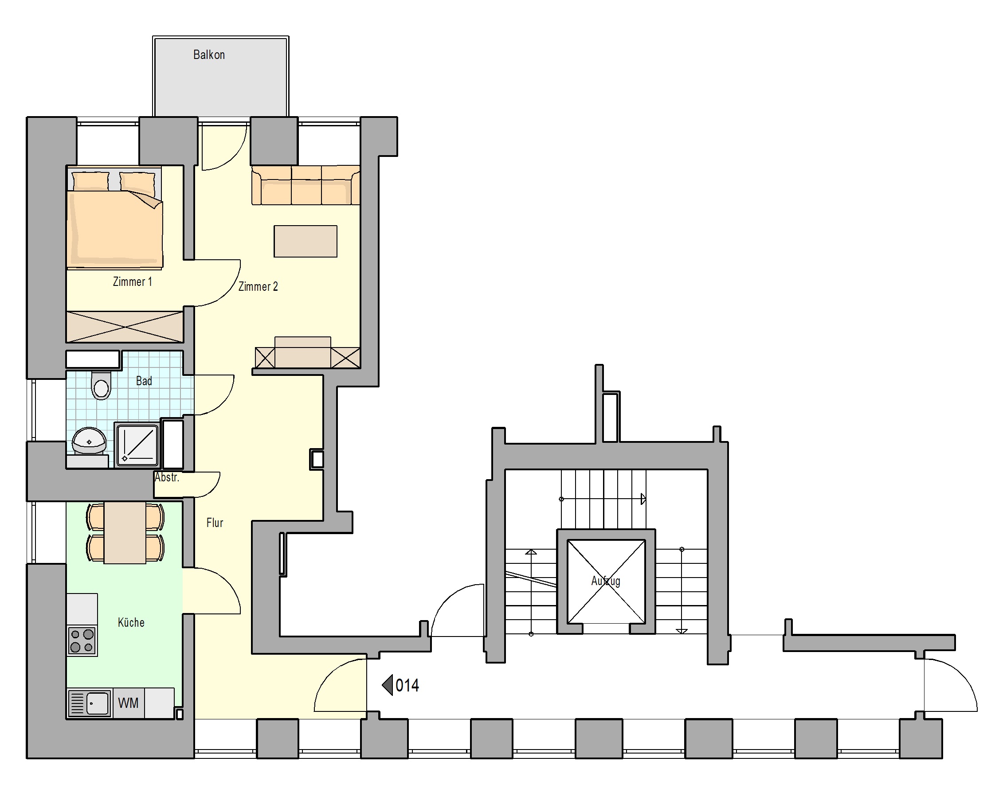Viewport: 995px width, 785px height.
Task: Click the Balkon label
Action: click(x=209, y=55)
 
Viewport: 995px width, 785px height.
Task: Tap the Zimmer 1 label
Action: click(x=133, y=281)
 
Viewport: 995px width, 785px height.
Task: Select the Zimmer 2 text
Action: click(x=258, y=286)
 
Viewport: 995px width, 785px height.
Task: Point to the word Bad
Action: click(x=144, y=381)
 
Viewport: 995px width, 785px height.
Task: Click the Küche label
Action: click(x=131, y=622)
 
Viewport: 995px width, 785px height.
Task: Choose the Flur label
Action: click(x=215, y=523)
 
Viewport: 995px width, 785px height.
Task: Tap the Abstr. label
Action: click(x=167, y=477)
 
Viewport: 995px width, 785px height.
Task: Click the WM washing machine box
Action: click(x=128, y=703)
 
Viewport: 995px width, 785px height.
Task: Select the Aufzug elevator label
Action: click(x=606, y=581)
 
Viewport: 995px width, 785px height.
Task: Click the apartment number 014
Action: click(x=407, y=685)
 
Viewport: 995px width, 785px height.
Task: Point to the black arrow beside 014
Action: click(x=387, y=685)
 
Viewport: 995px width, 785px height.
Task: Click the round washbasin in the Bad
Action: click(x=89, y=441)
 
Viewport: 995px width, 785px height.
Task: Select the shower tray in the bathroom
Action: click(x=137, y=445)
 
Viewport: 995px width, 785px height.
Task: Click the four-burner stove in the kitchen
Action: click(x=82, y=640)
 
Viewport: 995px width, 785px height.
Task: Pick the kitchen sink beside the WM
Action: click(x=90, y=703)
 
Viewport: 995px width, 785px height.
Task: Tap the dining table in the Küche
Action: click(x=125, y=533)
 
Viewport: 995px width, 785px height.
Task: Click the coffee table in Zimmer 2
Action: click(x=306, y=241)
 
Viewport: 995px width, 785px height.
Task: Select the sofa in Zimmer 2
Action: click(x=306, y=185)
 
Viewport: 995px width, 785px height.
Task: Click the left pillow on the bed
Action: click(x=90, y=181)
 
